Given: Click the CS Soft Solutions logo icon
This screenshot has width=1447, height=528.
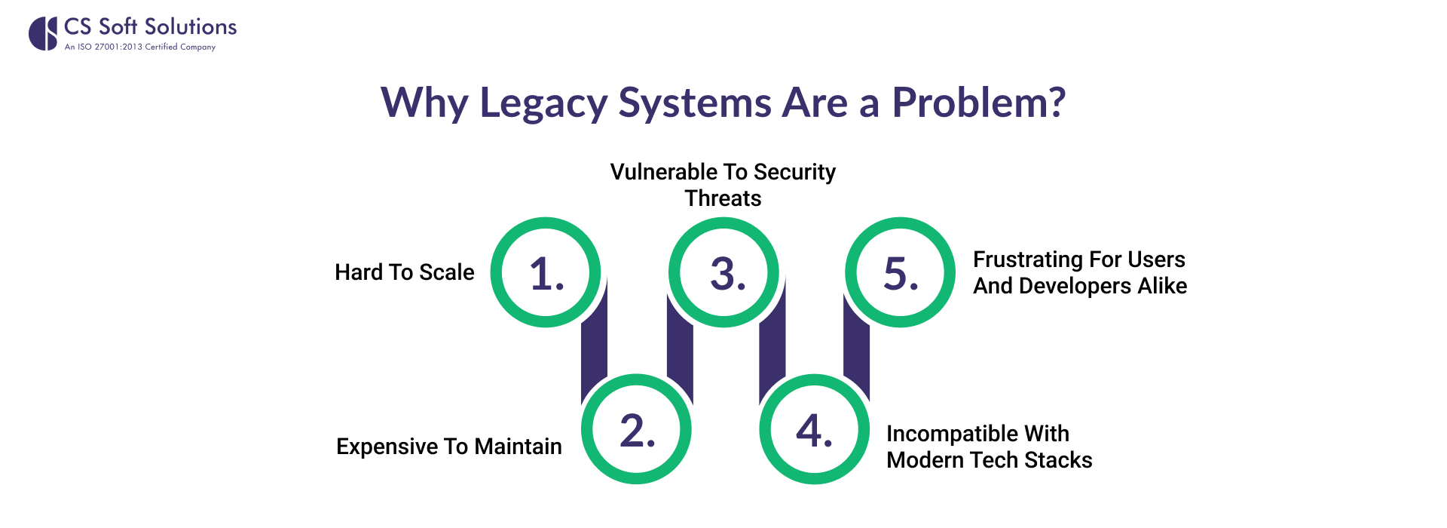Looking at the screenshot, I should [x=43, y=34].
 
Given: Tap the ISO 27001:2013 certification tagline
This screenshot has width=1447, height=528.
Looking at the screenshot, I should [x=140, y=47].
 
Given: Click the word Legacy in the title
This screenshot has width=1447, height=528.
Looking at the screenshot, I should [x=543, y=103].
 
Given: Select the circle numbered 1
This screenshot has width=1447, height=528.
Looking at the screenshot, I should [x=546, y=272].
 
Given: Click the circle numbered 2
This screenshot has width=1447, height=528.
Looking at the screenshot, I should [x=637, y=429].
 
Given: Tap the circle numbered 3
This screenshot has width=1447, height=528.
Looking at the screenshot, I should [x=723, y=272].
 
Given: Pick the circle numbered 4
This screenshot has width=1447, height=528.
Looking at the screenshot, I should [x=815, y=429].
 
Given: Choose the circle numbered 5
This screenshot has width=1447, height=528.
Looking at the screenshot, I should [x=901, y=272].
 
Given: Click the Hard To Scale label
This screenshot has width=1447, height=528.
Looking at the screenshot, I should [x=405, y=272].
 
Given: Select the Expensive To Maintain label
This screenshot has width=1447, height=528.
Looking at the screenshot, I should [x=449, y=447].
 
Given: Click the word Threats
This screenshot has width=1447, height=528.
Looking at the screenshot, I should [x=723, y=198].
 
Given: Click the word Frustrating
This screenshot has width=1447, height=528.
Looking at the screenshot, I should [x=1028, y=259].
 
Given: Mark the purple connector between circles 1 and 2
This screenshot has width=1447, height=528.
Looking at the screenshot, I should [x=594, y=347].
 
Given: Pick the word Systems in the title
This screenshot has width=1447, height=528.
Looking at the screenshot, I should [x=694, y=103].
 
